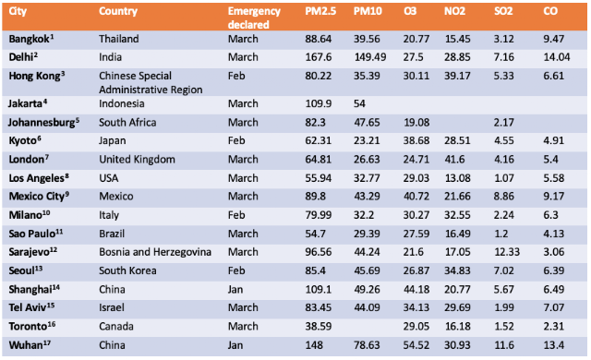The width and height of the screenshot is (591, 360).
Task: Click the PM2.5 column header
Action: [x=320, y=11]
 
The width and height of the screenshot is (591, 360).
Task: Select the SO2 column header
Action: [x=503, y=11]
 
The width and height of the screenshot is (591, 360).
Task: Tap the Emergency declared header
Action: [x=254, y=18]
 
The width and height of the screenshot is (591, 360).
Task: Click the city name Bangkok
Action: [x=29, y=39]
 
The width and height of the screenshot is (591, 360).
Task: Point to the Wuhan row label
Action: [x=26, y=345]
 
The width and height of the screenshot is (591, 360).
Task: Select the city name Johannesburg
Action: [x=42, y=123]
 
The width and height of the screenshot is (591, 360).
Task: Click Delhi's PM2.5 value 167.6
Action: [x=319, y=57]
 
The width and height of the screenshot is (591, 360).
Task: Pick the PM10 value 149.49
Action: [x=370, y=57]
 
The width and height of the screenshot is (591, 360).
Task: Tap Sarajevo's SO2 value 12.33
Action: [x=507, y=252]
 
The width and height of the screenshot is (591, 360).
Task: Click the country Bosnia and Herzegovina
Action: [x=155, y=252]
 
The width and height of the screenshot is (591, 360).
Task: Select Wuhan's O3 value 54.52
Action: [x=416, y=345]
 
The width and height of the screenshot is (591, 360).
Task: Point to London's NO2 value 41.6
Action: [x=454, y=160]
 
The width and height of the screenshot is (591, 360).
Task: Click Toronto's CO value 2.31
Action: [x=554, y=327]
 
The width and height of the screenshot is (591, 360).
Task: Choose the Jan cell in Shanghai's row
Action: [x=235, y=290]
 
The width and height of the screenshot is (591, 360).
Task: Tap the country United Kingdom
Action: [x=138, y=160]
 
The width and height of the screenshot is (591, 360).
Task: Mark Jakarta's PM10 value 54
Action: [x=359, y=104]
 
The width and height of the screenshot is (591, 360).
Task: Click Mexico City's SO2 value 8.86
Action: [x=504, y=197]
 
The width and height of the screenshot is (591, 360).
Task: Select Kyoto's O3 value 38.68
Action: [x=416, y=141]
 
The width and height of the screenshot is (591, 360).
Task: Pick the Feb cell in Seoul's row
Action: [x=236, y=270]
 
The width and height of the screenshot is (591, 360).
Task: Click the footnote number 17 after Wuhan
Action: [x=47, y=342]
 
